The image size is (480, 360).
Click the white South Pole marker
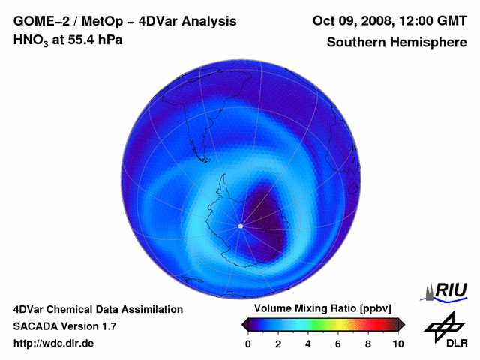point(240,226)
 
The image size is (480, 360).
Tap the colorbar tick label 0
point(248,343)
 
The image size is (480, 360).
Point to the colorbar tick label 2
point(278,343)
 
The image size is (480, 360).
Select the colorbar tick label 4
point(308,343)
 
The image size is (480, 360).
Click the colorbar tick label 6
point(338,343)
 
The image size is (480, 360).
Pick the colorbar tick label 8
point(368,343)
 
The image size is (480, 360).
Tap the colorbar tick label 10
point(397,343)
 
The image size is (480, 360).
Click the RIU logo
point(447,291)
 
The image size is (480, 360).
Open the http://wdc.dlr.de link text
point(54,343)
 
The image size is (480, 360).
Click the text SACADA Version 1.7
point(64,326)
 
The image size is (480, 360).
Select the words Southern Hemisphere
point(397,43)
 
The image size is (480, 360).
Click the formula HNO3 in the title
point(32,40)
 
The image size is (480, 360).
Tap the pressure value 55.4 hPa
point(95,39)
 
